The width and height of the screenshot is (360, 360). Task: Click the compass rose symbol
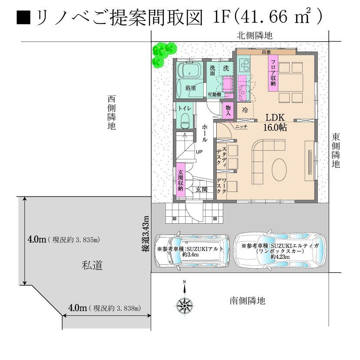pos(185,306)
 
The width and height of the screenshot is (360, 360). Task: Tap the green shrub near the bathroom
pos(164,54)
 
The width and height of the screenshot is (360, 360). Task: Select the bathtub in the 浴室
pos(190,69)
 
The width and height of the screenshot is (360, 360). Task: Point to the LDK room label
pos(275,117)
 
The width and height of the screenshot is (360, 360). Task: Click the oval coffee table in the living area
pos(279,169)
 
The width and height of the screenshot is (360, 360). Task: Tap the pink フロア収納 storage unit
pos(273,73)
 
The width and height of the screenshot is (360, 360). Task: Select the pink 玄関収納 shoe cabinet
pos(181,180)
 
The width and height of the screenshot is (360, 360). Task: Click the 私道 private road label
pos(92,265)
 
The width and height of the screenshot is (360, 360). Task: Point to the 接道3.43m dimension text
pos(145,234)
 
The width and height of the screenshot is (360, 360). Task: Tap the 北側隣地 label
pos(254,36)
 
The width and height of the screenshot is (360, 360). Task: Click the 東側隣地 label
pos(336,151)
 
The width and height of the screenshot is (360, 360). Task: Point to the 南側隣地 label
pos(248,301)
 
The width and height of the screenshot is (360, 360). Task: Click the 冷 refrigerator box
pos(245,110)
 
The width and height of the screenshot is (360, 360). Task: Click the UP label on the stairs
pos(199,152)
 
